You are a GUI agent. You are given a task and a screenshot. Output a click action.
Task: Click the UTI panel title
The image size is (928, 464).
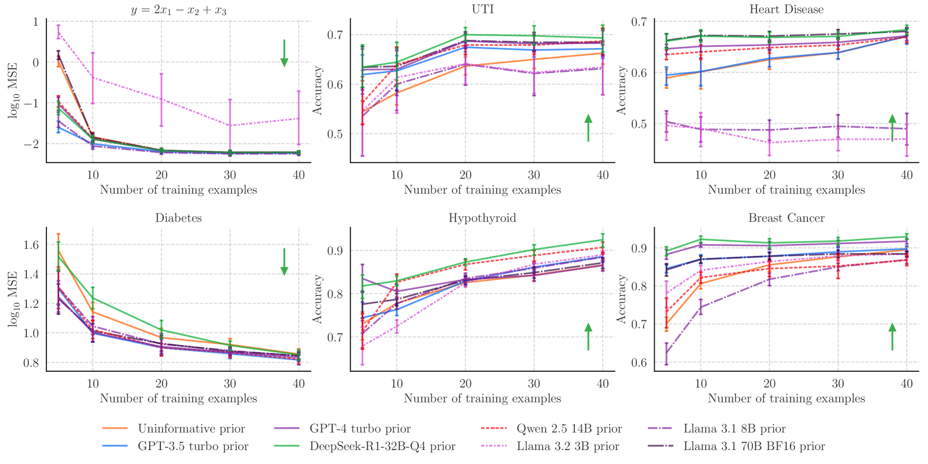482,9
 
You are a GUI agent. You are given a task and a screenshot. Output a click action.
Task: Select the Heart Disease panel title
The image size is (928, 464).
786,9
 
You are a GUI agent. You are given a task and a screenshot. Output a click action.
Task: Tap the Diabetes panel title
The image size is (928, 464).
178,218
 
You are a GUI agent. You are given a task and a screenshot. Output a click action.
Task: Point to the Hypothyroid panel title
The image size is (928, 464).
482,218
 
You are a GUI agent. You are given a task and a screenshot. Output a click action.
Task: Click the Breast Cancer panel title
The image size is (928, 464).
786,218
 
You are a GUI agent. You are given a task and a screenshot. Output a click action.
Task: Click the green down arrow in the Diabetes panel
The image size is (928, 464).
284,261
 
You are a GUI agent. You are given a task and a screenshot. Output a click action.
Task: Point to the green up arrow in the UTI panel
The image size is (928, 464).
588,128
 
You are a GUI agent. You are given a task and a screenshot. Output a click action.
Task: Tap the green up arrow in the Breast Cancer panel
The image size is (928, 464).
892,337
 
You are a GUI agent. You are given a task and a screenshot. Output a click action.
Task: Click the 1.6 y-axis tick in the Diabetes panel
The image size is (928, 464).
31,245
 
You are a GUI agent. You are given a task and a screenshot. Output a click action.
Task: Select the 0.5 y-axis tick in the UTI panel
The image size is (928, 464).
335,134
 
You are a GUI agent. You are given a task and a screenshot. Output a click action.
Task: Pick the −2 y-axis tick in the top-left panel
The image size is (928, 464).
31,144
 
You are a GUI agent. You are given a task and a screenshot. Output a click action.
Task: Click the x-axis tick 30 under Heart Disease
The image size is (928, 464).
837,175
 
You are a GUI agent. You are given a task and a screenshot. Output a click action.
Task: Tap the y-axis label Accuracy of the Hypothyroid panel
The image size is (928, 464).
317,299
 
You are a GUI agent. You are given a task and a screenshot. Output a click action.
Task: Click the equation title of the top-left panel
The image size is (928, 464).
178,9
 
